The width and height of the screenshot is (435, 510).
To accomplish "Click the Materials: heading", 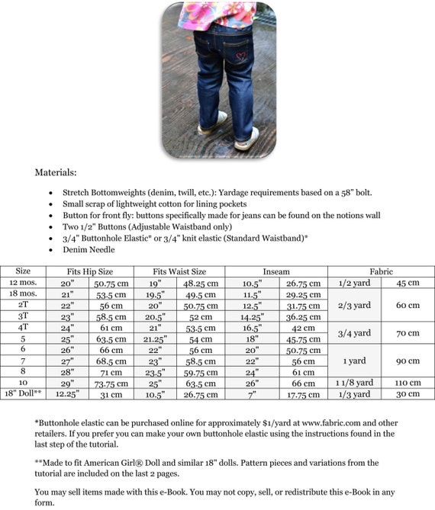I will [56, 172].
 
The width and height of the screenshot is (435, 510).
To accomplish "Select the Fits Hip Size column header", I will [89, 271].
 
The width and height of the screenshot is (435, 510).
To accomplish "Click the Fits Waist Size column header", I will [179, 271].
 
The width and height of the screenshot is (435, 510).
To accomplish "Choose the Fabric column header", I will [381, 271].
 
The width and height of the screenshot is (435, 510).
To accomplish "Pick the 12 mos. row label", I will [23, 283].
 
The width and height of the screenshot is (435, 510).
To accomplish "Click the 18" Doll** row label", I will [24, 393].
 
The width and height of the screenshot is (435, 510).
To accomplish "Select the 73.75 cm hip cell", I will [111, 383].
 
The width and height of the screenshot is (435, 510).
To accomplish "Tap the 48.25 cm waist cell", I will [201, 284].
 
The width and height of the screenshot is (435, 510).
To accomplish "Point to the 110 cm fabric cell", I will [408, 383].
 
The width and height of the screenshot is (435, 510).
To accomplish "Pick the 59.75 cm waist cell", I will [201, 371].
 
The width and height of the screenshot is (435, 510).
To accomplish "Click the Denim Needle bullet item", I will [90, 249].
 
